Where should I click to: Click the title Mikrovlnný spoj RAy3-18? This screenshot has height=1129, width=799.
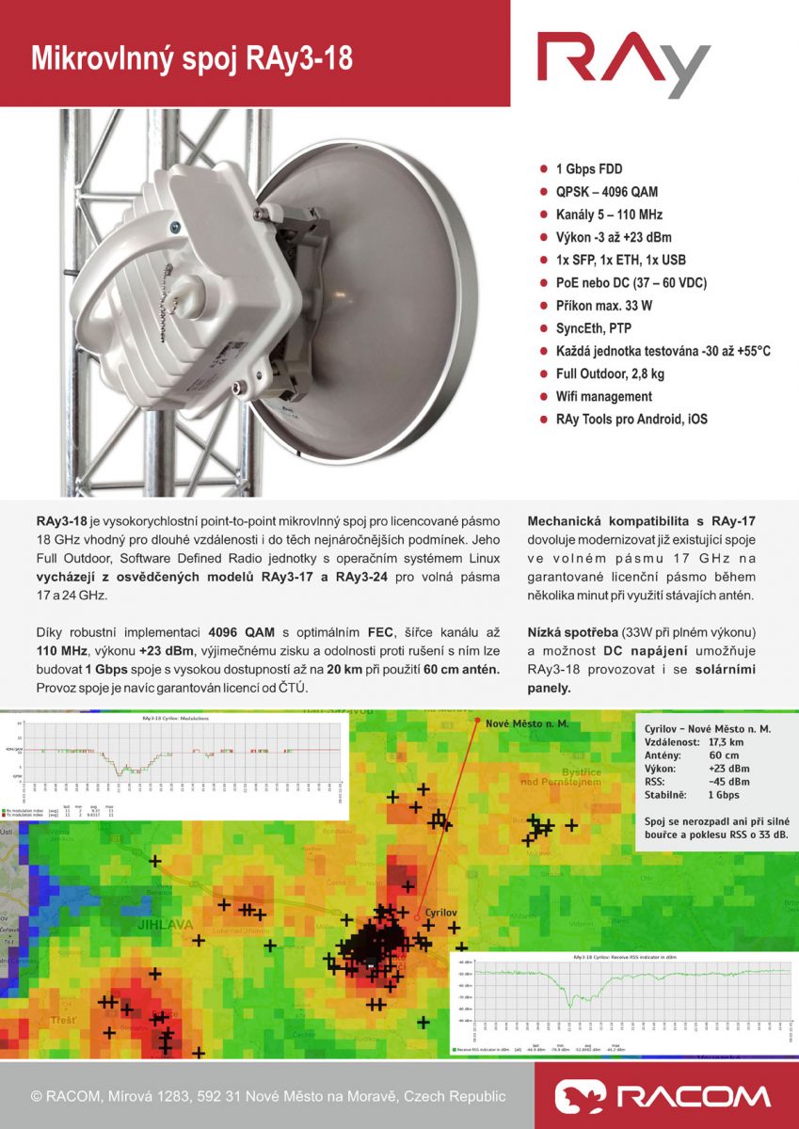point(193,59)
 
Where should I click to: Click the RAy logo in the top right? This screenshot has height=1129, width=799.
point(623,64)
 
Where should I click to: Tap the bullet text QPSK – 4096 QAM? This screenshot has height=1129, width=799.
point(607,192)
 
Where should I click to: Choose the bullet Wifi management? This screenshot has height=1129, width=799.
point(603,396)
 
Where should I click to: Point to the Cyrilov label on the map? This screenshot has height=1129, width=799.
point(439,914)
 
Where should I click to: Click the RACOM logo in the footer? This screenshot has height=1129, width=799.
point(663,1096)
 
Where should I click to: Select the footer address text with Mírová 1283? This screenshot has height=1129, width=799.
point(268,1096)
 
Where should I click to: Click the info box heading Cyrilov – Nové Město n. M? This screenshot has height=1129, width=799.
point(708,729)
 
